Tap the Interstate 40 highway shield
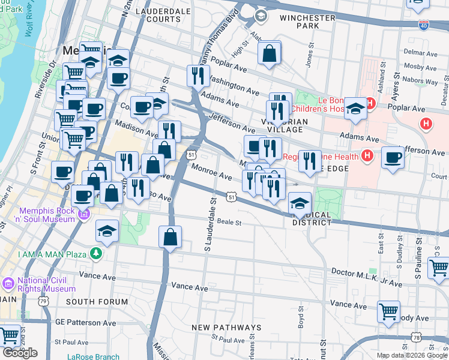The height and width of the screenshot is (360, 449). pyautogui.click(x=424, y=25)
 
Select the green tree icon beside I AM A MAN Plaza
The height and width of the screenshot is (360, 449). pyautogui.click(x=95, y=254)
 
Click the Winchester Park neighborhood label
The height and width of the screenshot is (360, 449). pyautogui.click(x=307, y=22)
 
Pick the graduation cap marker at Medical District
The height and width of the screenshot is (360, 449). pyautogui.click(x=300, y=202)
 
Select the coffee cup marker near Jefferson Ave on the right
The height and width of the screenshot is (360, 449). pyautogui.click(x=393, y=157)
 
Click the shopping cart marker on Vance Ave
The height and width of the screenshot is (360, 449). pyautogui.click(x=389, y=311)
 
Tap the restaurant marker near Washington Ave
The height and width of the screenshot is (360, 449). pyautogui.click(x=197, y=76)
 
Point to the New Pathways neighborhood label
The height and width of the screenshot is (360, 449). pyautogui.click(x=226, y=328)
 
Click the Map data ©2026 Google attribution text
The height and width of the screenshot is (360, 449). pyautogui.click(x=412, y=355)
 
